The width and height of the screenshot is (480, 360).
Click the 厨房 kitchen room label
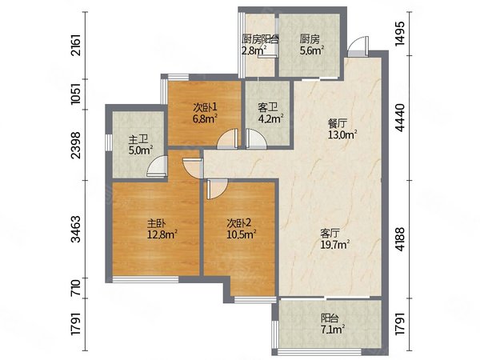pyautogui.click(x=310, y=39)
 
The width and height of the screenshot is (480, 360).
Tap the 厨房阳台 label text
pyautogui.click(x=260, y=39)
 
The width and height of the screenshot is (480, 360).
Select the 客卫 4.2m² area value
pyautogui.click(x=270, y=118)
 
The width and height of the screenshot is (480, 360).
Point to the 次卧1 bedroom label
pyautogui.click(x=205, y=107)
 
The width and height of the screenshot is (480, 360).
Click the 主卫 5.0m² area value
pyautogui.click(x=141, y=150)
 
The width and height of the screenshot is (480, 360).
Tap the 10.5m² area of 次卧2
pyautogui.click(x=242, y=234)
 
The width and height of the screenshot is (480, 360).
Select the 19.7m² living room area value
pyautogui.click(x=335, y=244)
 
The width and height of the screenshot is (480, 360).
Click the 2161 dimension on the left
pyautogui.click(x=75, y=45)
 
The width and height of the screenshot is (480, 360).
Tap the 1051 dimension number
pyautogui.click(x=75, y=94)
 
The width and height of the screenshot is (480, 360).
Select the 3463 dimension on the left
pyautogui.click(x=75, y=229)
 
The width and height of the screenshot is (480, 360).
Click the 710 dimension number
pyautogui.click(x=75, y=288)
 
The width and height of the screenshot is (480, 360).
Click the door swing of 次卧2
pyautogui.click(x=217, y=189)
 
